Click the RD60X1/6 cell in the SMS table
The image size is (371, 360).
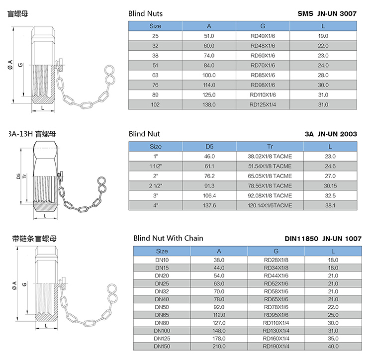263,56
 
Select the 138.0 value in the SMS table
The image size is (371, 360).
209,104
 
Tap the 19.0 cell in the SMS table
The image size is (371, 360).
323,36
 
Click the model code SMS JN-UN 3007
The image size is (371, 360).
327,14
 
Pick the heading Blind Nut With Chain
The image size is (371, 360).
168,238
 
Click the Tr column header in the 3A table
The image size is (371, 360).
270,147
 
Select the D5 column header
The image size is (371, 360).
209,147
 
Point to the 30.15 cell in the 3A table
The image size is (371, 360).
330,186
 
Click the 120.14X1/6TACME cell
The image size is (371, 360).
270,205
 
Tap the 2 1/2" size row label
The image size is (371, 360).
156,186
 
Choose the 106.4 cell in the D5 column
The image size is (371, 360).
209,195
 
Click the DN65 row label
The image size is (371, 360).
162,315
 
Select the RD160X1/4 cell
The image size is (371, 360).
276,339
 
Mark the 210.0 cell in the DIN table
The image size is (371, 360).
219,346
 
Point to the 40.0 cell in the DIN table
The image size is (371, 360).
333,346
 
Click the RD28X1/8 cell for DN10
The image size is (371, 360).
276,260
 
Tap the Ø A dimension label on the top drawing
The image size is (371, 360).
10,65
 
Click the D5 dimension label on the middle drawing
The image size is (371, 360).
18,176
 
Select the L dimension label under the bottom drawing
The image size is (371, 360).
46,326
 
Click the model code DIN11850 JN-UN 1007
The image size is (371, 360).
323,239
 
